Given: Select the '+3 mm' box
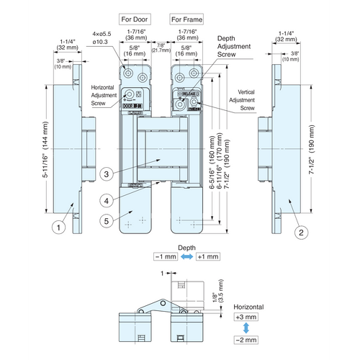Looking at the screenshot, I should pyautogui.click(x=247, y=318).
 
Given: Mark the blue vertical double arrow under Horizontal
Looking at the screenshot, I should pyautogui.click(x=247, y=329).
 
